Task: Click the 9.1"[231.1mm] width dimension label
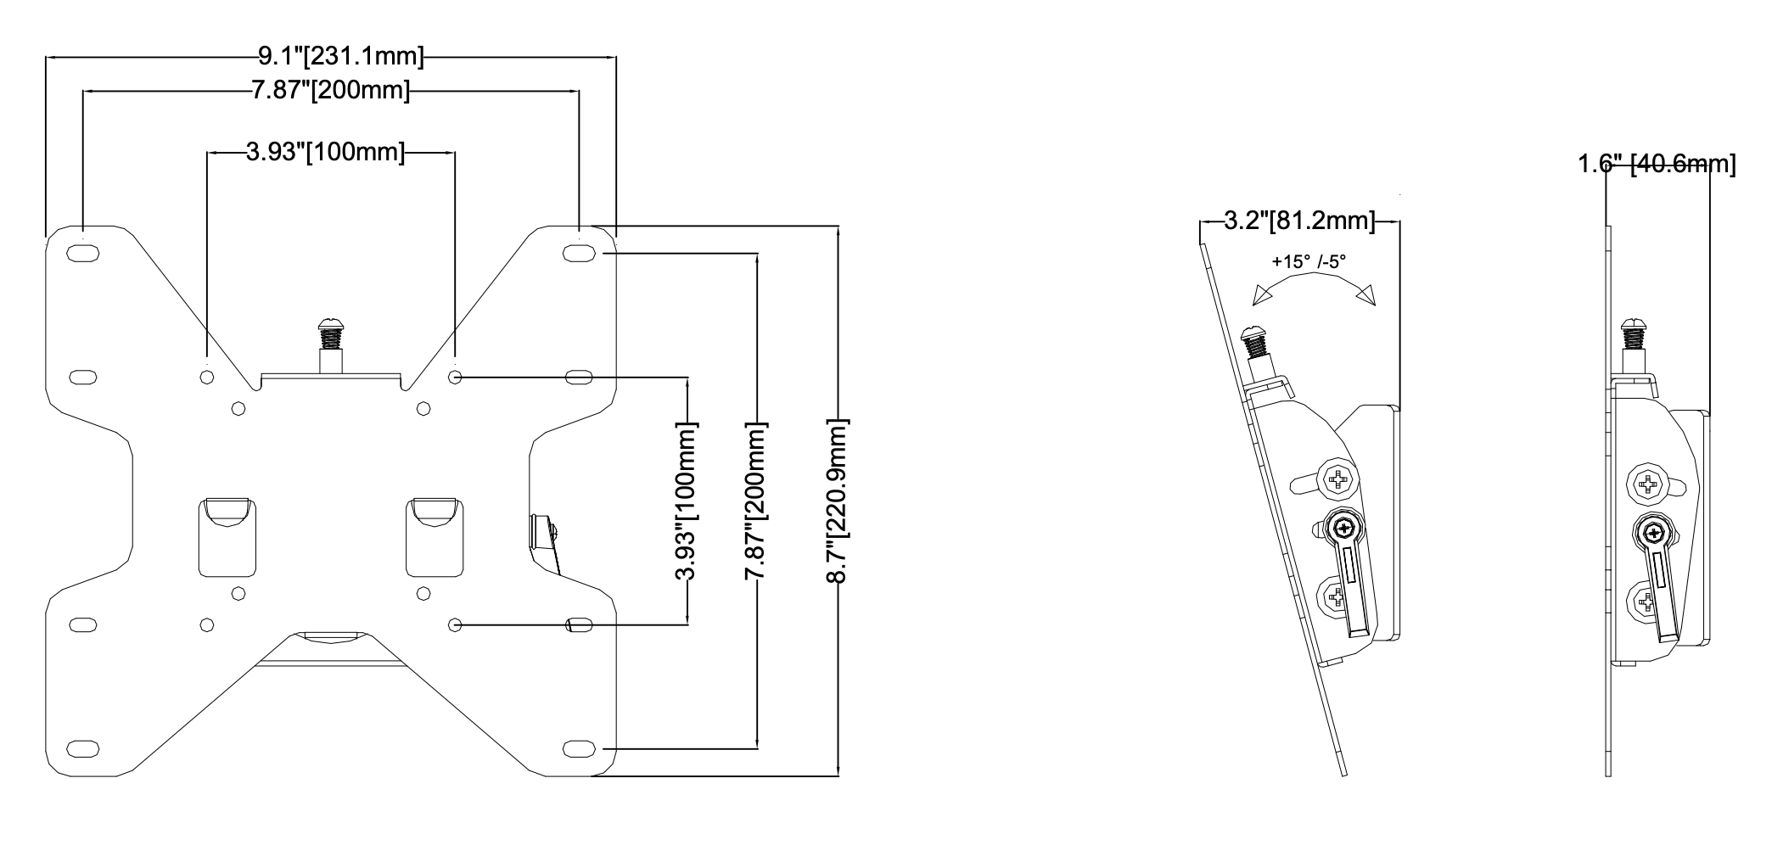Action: coord(340,57)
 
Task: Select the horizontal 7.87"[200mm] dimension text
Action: coord(330,90)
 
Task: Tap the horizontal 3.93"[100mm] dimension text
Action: coord(325,153)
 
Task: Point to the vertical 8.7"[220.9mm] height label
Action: coord(838,501)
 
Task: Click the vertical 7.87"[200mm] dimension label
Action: coord(756,501)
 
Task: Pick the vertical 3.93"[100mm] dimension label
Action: coord(687,501)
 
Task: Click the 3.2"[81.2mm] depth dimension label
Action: coord(1299,221)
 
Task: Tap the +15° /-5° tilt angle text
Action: coord(1309,262)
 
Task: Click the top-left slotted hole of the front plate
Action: coord(82,253)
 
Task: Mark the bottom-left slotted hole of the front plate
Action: coord(82,748)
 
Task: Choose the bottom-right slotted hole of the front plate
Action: coord(578,748)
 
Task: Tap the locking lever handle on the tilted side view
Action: coord(1354,585)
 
